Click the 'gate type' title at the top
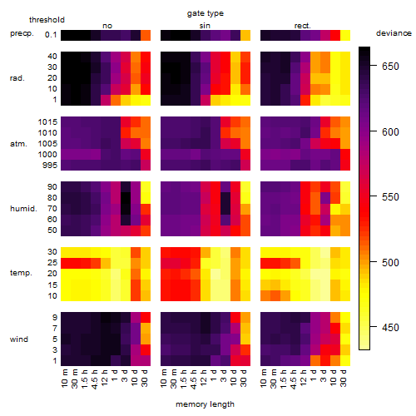pyautogui.click(x=206, y=13)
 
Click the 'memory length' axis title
pyautogui.click(x=205, y=404)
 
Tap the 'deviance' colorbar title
pyautogui.click(x=394, y=33)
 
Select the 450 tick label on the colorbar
pyautogui.click(x=390, y=328)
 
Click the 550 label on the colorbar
pyautogui.click(x=390, y=197)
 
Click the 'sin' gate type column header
pyautogui.click(x=205, y=26)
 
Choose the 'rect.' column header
pyautogui.click(x=302, y=26)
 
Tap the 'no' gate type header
pyautogui.click(x=107, y=26)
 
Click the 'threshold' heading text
pyautogui.click(x=47, y=20)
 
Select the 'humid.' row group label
pyautogui.click(x=23, y=209)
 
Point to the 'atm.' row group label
pyautogui.click(x=18, y=144)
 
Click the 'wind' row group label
pyautogui.click(x=19, y=339)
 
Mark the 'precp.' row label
pyautogui.click(x=22, y=33)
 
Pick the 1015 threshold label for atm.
pyautogui.click(x=47, y=122)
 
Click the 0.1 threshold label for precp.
pyautogui.click(x=51, y=35)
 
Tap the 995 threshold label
pyautogui.click(x=50, y=166)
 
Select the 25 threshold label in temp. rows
pyautogui.click(x=52, y=263)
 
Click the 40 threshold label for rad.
pyautogui.click(x=52, y=57)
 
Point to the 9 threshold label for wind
pyautogui.click(x=55, y=317)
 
